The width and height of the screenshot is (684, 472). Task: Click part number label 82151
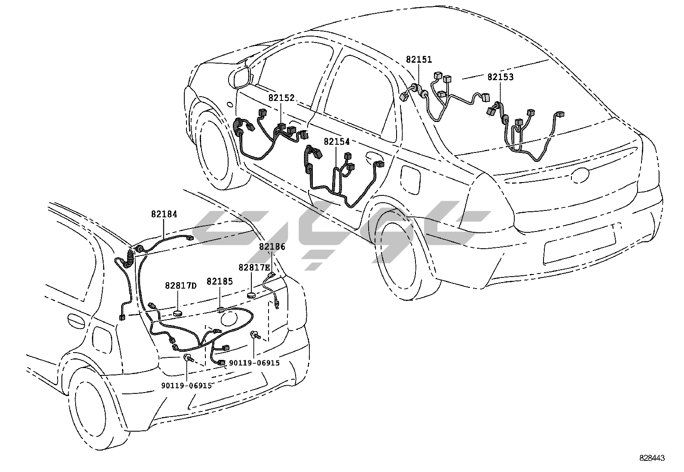click(x=418, y=60)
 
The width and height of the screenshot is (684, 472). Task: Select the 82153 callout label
click(x=500, y=77)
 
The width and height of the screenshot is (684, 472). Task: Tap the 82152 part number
click(x=281, y=98)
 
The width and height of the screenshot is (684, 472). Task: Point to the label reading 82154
click(x=337, y=141)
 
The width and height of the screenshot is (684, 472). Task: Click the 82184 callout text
click(x=164, y=214)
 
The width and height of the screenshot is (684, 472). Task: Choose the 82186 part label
click(x=272, y=247)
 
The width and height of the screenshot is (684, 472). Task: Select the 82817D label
click(x=180, y=286)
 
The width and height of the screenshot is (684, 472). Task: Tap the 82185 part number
click(x=220, y=282)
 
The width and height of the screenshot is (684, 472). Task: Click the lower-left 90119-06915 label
click(x=187, y=386)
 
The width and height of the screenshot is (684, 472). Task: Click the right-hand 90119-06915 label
click(x=254, y=363)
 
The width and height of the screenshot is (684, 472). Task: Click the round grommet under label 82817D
click(x=178, y=312)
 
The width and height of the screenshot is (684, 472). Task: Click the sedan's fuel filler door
click(x=410, y=177)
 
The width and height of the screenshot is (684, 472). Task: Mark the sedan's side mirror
click(x=241, y=77)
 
